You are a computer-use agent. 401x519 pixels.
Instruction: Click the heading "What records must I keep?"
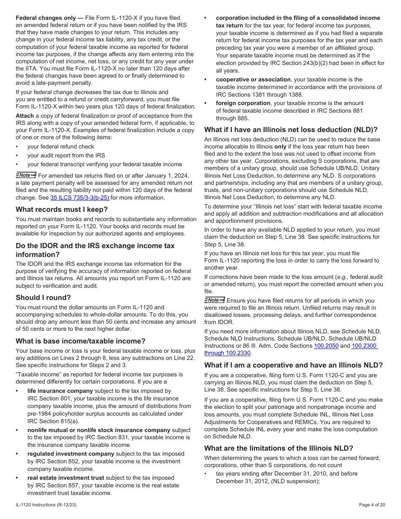pos(62,209)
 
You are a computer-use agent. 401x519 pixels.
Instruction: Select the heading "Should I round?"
pos(43,297)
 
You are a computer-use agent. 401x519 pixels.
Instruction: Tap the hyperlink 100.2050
pos(326,346)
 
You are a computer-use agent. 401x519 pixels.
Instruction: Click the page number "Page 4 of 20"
pos(372,505)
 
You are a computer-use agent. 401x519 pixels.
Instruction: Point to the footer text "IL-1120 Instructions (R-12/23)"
pos(46,505)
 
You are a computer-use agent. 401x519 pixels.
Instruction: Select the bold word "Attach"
pos(24,116)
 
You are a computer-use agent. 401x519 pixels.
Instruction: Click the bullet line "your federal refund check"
pos(61,146)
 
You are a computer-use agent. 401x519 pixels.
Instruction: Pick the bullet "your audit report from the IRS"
pos(66,155)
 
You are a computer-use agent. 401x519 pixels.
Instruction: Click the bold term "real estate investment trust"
pos(65,478)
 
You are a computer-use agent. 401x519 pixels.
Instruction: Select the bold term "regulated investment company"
pos(71,454)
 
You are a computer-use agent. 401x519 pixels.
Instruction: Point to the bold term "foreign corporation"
pos(243,103)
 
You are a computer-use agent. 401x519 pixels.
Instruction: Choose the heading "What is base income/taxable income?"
pos(81,341)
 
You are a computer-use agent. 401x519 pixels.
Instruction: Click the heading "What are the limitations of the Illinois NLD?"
pos(279,448)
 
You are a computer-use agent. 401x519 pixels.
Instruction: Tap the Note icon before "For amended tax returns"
pos(26,175)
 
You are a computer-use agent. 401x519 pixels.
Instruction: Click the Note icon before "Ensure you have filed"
pos(214,300)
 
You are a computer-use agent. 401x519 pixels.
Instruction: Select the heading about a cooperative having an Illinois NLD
pos(293,365)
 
